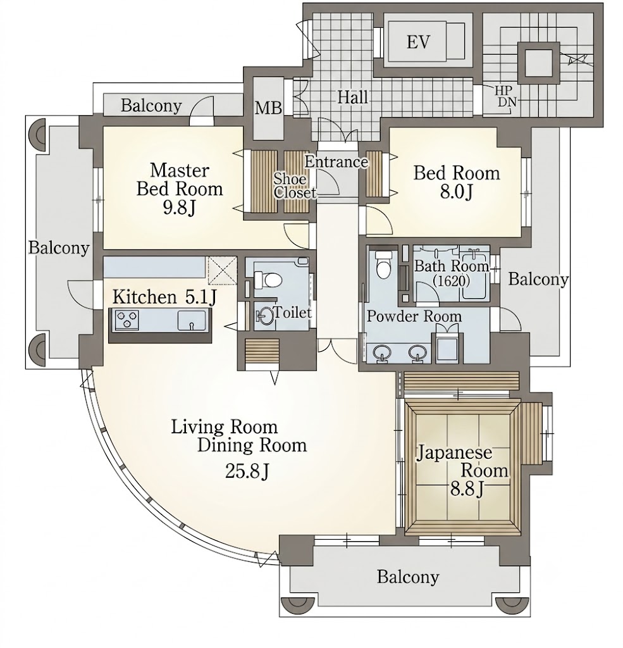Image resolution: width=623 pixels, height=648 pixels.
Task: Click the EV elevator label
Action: (418, 42)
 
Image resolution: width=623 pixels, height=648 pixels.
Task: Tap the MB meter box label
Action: (268, 108)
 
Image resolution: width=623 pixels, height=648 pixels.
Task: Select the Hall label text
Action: (353, 97)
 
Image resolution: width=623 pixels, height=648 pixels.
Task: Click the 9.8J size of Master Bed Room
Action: (179, 208)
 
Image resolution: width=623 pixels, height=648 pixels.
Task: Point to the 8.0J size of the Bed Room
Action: (456, 192)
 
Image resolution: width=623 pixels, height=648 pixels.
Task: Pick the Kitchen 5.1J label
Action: (164, 297)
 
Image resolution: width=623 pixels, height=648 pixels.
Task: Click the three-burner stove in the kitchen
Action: (126, 320)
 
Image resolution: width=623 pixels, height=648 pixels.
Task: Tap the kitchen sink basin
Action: (191, 320)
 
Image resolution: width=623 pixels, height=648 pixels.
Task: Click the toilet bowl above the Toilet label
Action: (267, 280)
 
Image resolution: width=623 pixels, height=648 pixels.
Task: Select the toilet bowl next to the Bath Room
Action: (383, 265)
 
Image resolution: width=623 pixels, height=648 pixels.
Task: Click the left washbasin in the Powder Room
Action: (382, 353)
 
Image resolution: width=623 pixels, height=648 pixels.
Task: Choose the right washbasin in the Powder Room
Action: (417, 353)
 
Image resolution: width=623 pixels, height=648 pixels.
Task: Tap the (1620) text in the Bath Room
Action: (451, 280)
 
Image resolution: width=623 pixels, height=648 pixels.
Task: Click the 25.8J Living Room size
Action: (247, 471)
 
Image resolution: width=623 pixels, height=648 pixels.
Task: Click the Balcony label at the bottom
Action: (407, 576)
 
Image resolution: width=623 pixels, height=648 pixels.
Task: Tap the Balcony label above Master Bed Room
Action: (151, 106)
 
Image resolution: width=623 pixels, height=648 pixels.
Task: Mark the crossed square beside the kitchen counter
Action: (222, 271)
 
